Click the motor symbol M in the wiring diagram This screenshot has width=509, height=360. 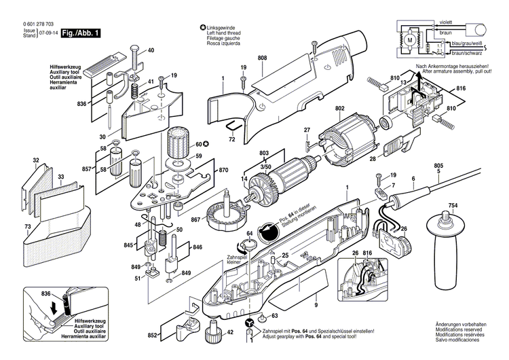click(x=409, y=41)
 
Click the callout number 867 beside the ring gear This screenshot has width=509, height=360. click(x=196, y=219)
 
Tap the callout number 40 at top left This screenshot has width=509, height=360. click(x=151, y=50)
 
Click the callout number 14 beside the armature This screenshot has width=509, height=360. click(x=244, y=179)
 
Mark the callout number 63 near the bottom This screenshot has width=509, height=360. click(x=274, y=316)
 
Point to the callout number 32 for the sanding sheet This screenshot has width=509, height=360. click(x=36, y=161)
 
